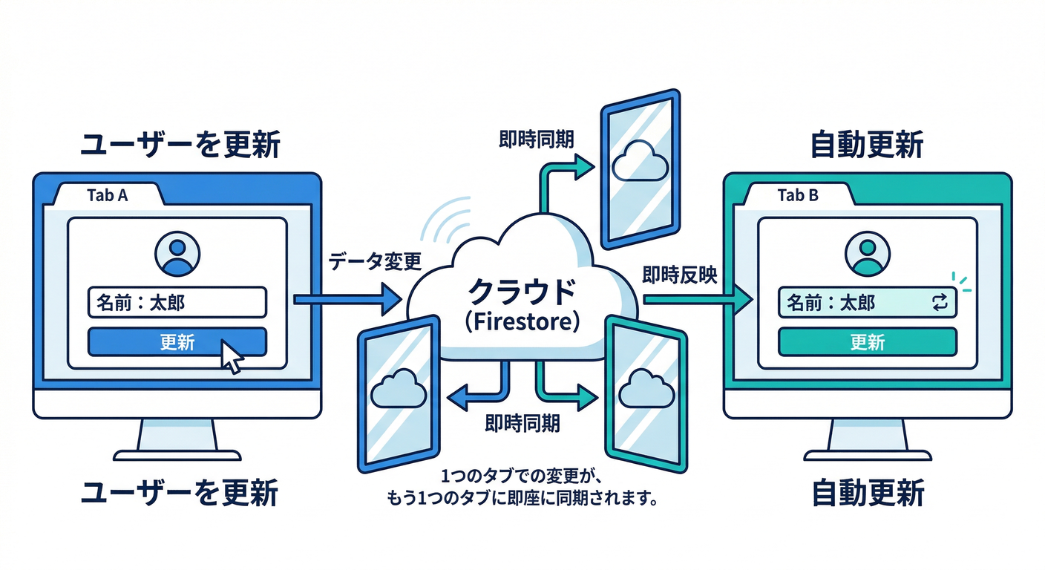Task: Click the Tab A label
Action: [x=107, y=196]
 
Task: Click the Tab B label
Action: [x=798, y=196]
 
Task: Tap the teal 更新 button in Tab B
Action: [x=867, y=342]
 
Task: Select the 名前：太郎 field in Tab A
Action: [x=177, y=302]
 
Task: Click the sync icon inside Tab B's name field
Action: [x=939, y=302]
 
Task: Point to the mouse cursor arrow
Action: [x=232, y=358]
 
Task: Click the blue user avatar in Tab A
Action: [x=177, y=252]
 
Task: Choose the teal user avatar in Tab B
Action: [x=867, y=252]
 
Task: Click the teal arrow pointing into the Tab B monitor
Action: [x=698, y=300]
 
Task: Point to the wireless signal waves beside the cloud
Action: [x=449, y=219]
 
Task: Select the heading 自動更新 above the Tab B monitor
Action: [x=867, y=145]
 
